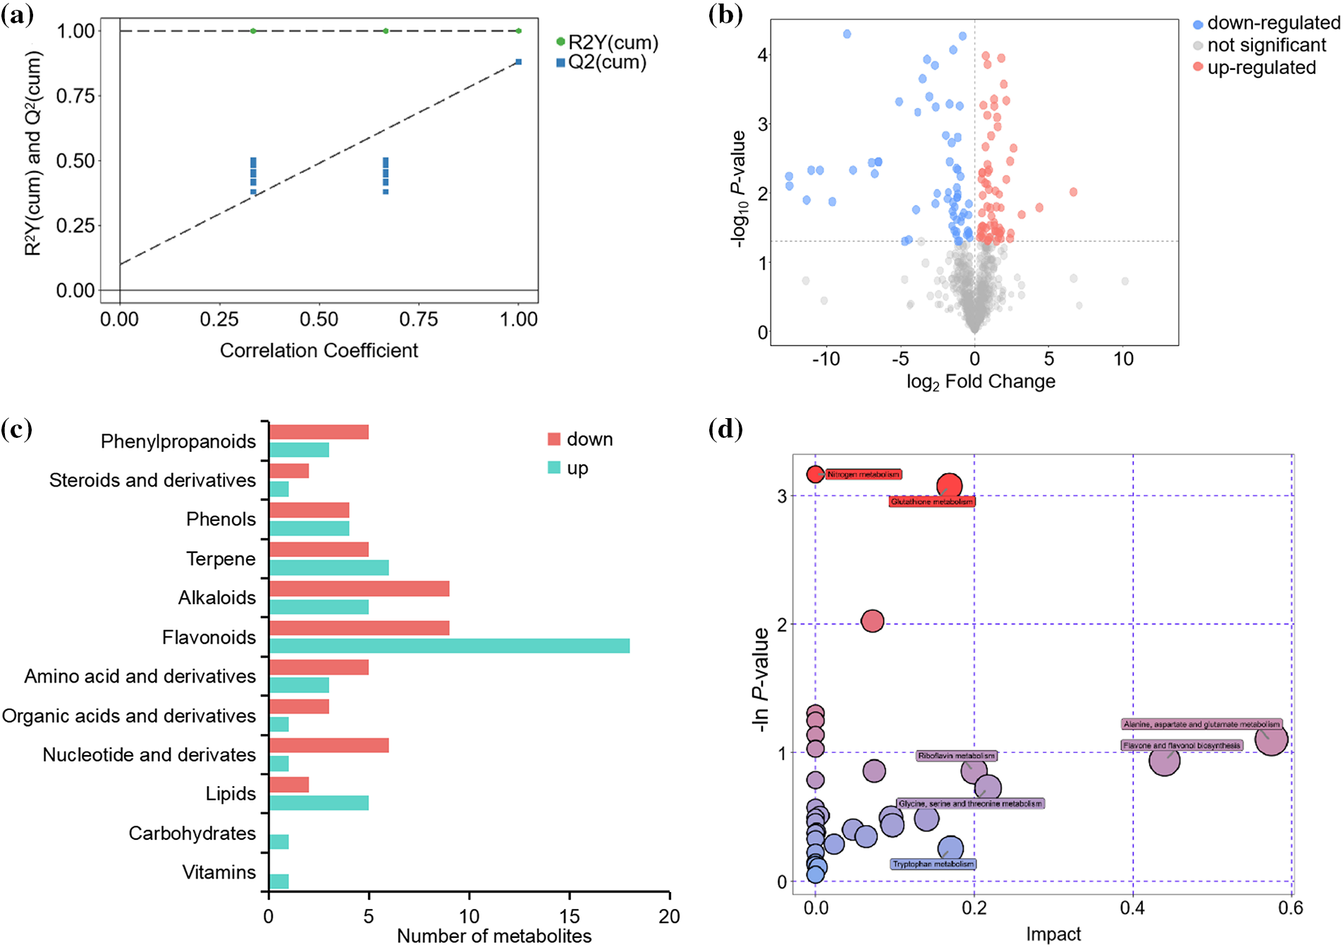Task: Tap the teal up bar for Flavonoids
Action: tap(449, 646)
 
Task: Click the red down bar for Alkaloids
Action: tap(359, 588)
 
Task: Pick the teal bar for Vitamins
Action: tap(279, 881)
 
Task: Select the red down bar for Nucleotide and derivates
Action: tap(329, 745)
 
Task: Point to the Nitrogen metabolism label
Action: tap(863, 475)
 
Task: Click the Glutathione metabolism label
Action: tap(931, 501)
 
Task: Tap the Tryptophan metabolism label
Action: tap(933, 864)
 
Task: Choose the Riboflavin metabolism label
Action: tap(956, 756)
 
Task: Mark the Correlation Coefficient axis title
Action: tap(319, 350)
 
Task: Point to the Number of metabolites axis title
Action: tap(494, 936)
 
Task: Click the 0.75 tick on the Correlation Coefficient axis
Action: tap(419, 319)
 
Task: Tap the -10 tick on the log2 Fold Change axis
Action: tap(826, 359)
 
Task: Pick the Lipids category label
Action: tap(231, 793)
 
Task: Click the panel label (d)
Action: tap(725, 429)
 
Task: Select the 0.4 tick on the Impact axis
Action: tap(1132, 908)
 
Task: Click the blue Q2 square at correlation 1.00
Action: tap(519, 62)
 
